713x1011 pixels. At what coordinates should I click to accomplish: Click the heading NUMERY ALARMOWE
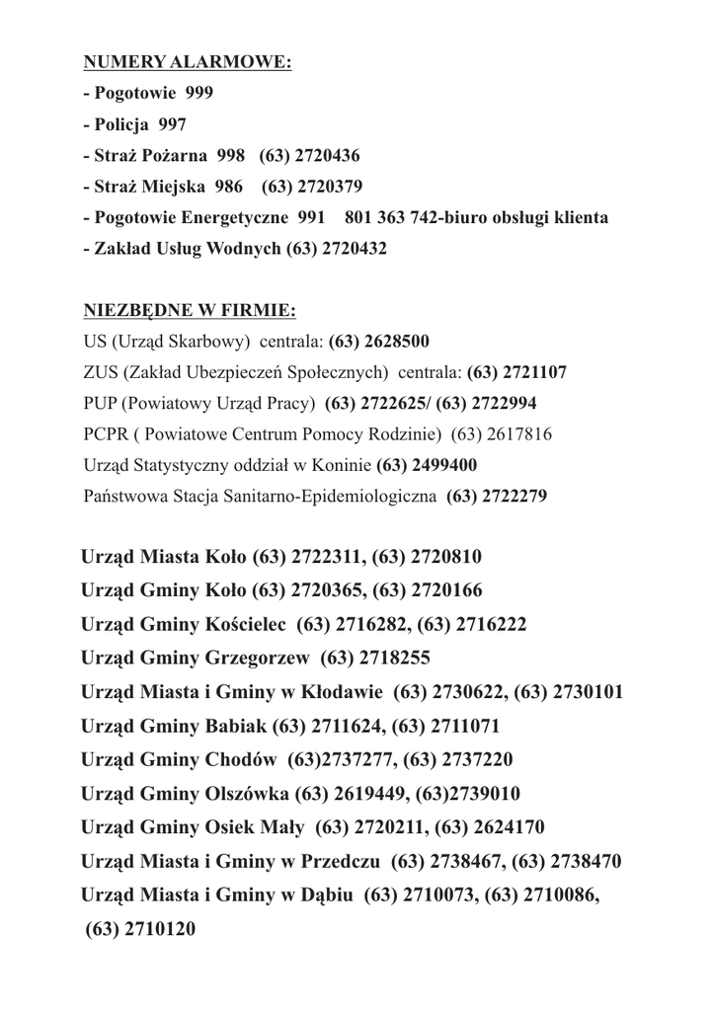click(x=188, y=63)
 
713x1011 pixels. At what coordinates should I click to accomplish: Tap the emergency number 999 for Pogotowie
click(x=198, y=94)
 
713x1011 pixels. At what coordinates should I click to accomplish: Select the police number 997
click(x=171, y=124)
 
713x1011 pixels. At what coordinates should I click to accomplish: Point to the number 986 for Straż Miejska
click(x=228, y=186)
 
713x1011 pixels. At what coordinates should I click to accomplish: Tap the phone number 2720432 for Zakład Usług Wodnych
click(x=355, y=248)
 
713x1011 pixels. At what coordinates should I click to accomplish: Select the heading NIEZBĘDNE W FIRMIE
click(x=190, y=312)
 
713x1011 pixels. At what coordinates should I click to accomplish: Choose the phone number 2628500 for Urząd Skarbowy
click(x=394, y=342)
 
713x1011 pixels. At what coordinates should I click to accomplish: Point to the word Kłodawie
click(x=341, y=691)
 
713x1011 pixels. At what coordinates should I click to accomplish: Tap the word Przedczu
click(x=341, y=861)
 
